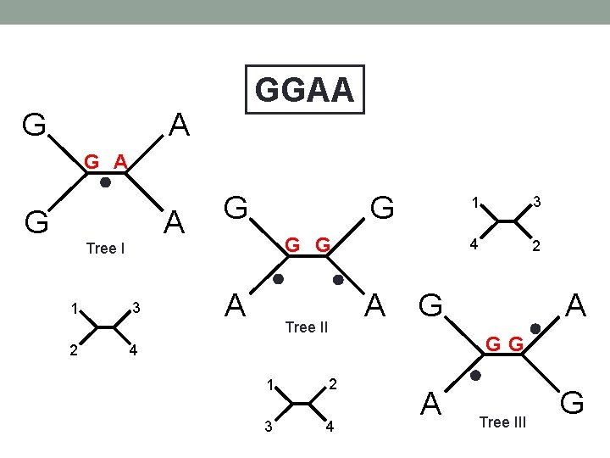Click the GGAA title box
point(304,89)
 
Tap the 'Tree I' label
point(106,249)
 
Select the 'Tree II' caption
point(307,327)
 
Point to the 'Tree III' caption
point(502,422)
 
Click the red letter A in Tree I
point(120,160)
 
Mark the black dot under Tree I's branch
point(105,182)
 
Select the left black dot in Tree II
point(278,279)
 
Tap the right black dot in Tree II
point(337,279)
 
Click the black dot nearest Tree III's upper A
point(535,328)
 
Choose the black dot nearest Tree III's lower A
point(476,375)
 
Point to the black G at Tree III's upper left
point(432,304)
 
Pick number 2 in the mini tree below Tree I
point(75,351)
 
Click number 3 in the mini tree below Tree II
point(269,426)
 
